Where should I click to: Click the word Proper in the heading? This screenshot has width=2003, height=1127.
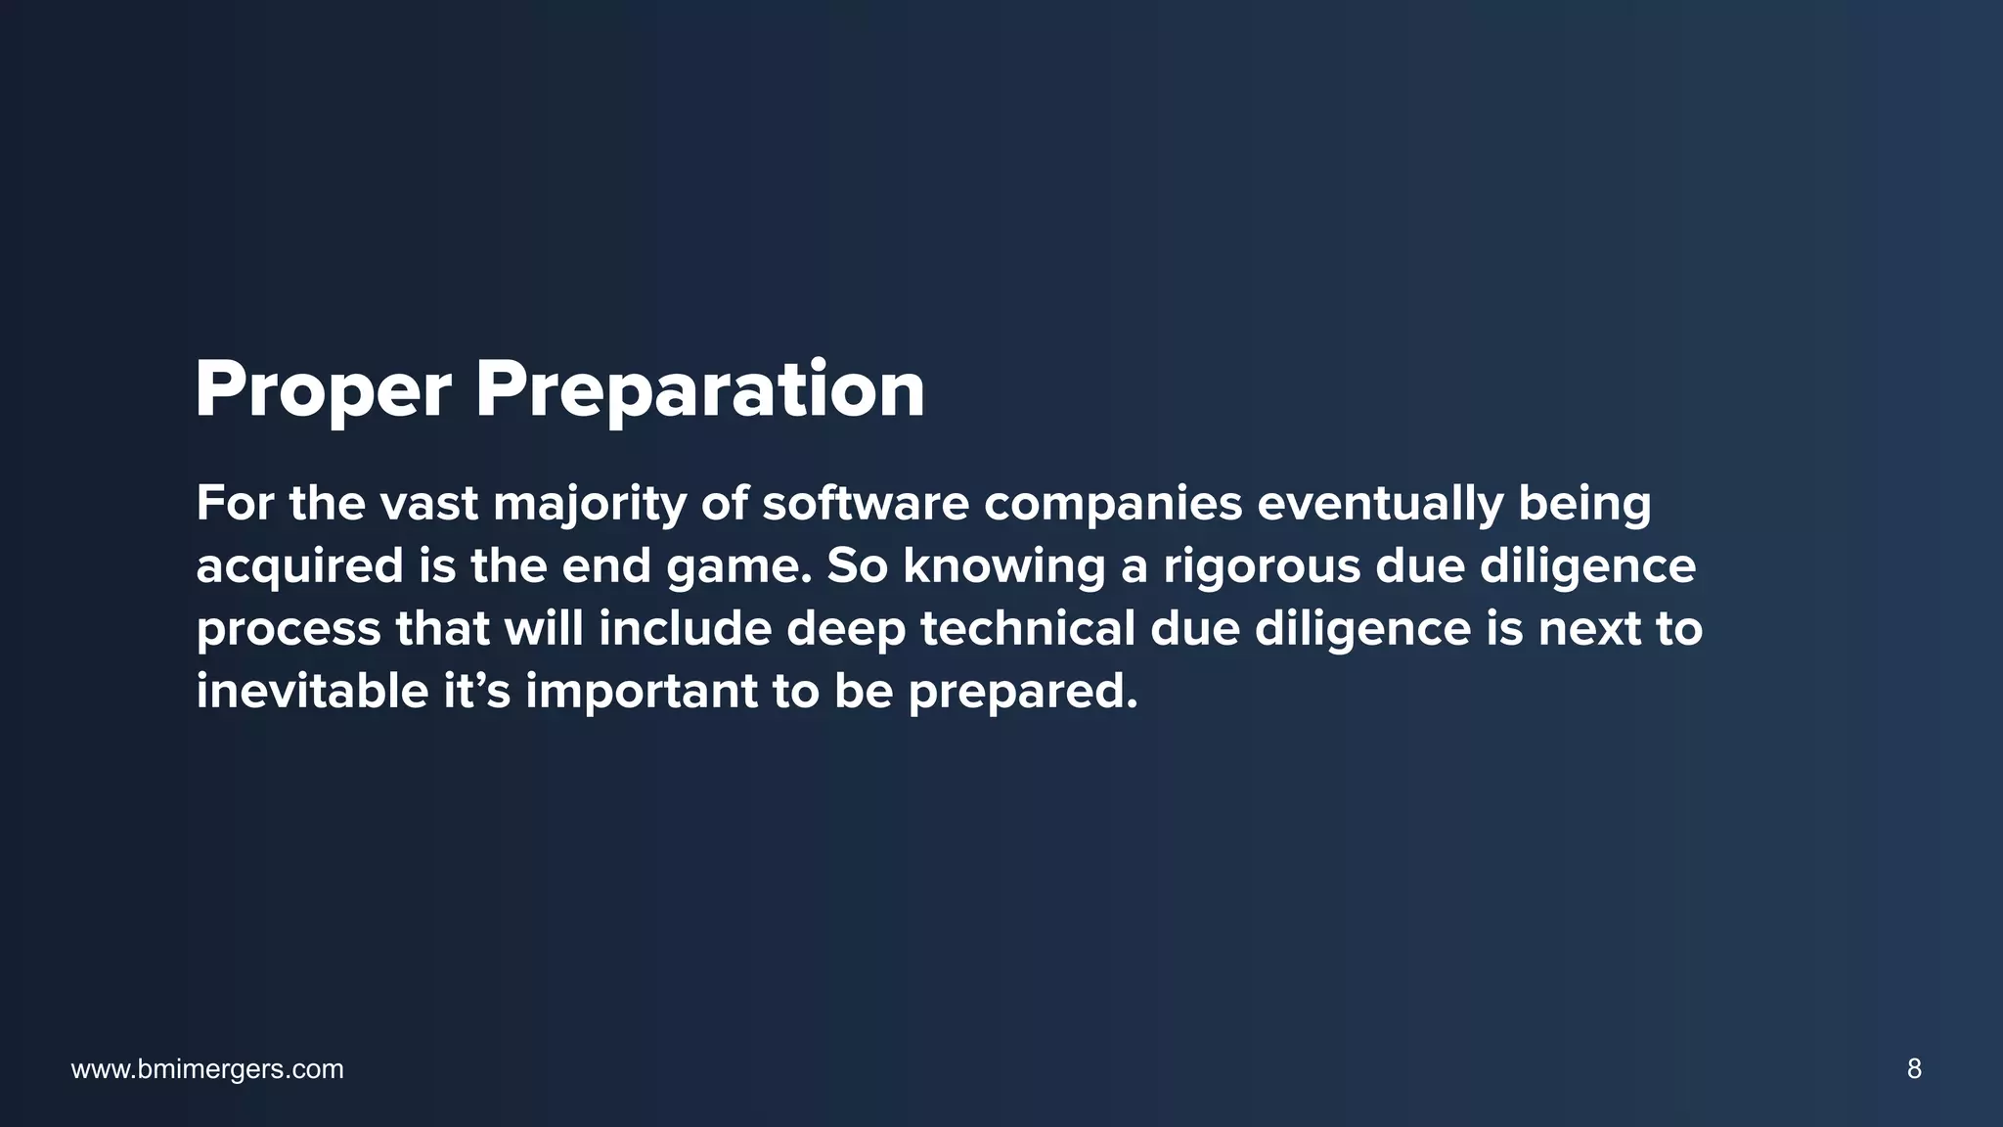click(323, 391)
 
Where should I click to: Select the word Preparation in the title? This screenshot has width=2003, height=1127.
click(699, 391)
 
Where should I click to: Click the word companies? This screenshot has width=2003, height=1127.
click(1112, 505)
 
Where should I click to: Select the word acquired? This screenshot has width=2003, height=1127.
click(299, 567)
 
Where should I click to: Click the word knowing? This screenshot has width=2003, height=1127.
click(1003, 567)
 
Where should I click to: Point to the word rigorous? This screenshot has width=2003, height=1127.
click(1261, 567)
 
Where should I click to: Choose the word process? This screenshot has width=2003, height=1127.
click(288, 630)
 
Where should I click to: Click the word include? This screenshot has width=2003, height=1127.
click(685, 628)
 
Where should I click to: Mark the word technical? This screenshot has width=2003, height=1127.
click(1027, 628)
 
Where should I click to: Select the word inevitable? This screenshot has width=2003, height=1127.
click(312, 691)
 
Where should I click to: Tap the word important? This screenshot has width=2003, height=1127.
click(641, 693)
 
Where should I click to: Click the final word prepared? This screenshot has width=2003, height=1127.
click(1022, 693)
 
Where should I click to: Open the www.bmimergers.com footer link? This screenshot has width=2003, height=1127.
click(207, 1069)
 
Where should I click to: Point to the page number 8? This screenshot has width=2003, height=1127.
click(1914, 1069)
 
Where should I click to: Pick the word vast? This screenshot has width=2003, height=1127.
click(428, 503)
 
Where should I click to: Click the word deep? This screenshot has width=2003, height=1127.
click(846, 630)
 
